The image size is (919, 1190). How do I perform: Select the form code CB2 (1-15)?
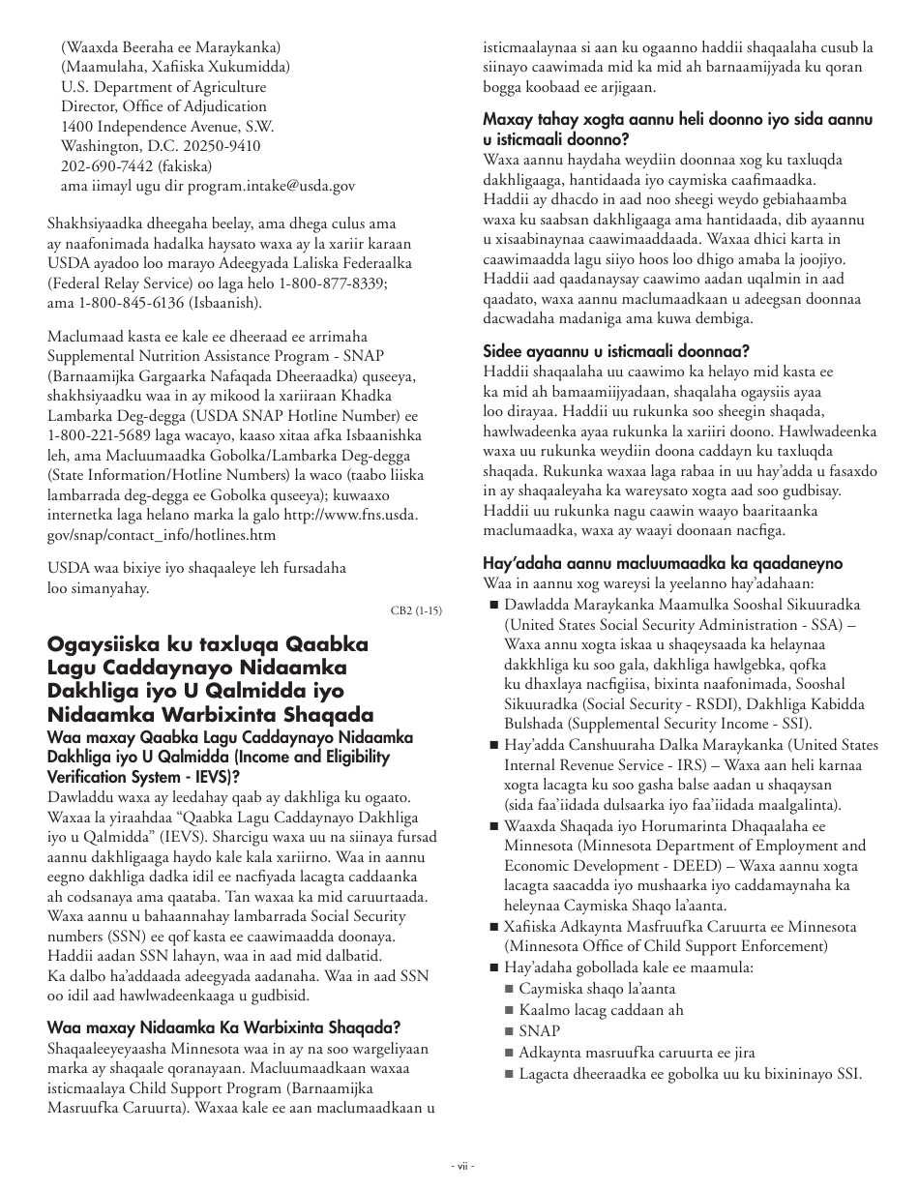coord(416,610)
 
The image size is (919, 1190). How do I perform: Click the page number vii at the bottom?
coord(459,1165)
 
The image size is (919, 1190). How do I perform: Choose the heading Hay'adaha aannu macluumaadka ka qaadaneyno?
coord(663,563)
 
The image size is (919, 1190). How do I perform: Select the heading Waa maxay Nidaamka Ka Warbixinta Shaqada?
coord(223,1027)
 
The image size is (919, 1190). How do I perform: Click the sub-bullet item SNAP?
coord(539,1031)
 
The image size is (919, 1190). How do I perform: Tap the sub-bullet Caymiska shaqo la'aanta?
coord(597,989)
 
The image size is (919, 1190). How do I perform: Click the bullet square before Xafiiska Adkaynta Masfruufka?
coord(493,927)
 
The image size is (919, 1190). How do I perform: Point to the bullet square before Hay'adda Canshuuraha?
coord(493,745)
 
